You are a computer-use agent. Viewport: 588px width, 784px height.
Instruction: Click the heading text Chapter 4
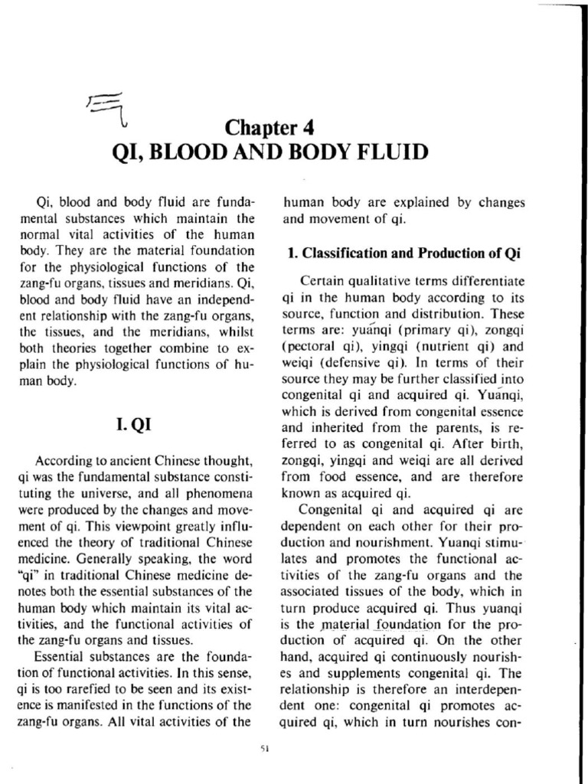[x=269, y=126]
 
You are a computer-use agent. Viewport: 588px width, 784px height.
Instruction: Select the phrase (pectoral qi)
[x=319, y=345]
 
